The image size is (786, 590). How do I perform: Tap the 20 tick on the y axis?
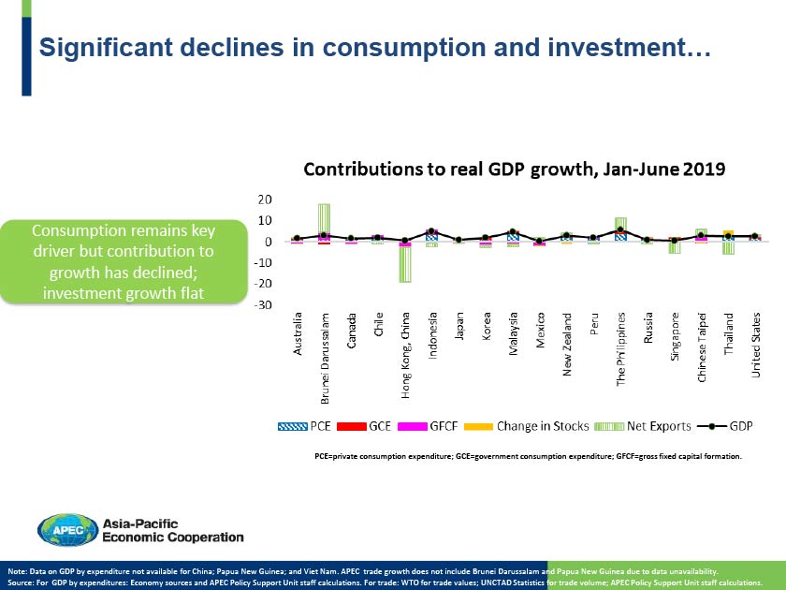[x=266, y=199]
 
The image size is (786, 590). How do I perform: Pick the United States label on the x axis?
[x=756, y=345]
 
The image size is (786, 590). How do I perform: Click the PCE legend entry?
[x=309, y=426]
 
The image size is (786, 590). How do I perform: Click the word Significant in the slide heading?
[x=98, y=48]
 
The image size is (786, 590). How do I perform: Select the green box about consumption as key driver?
[x=123, y=262]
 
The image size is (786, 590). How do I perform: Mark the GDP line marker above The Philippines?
[x=620, y=230]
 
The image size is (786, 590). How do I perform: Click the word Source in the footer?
[x=22, y=582]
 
